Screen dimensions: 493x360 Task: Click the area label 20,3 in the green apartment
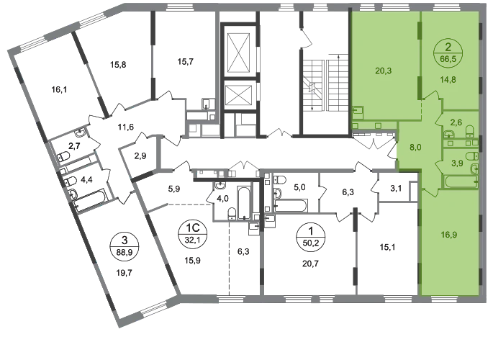(384, 71)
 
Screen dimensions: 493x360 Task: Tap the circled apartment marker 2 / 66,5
(448, 53)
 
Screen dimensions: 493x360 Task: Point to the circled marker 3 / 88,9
(125, 246)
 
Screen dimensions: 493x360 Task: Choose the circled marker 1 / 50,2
(311, 236)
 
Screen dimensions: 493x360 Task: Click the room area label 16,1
(59, 90)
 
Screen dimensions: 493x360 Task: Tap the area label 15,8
(118, 65)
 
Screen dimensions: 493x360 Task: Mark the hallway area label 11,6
(126, 127)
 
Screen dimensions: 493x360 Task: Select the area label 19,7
(125, 273)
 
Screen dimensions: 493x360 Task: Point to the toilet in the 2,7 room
(64, 156)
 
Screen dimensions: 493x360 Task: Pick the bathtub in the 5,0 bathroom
(291, 205)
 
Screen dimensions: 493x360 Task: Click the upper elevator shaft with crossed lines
(239, 52)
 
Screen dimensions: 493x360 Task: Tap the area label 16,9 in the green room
(449, 235)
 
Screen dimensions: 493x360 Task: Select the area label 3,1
(396, 189)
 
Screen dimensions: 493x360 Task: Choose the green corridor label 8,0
(416, 147)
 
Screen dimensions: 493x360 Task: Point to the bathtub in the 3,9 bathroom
(461, 182)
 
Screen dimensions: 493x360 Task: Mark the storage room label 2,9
(140, 156)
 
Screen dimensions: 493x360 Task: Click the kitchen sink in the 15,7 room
(207, 104)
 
